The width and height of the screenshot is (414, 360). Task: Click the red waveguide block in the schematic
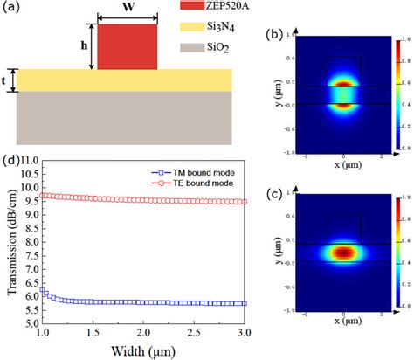coord(127,46)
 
